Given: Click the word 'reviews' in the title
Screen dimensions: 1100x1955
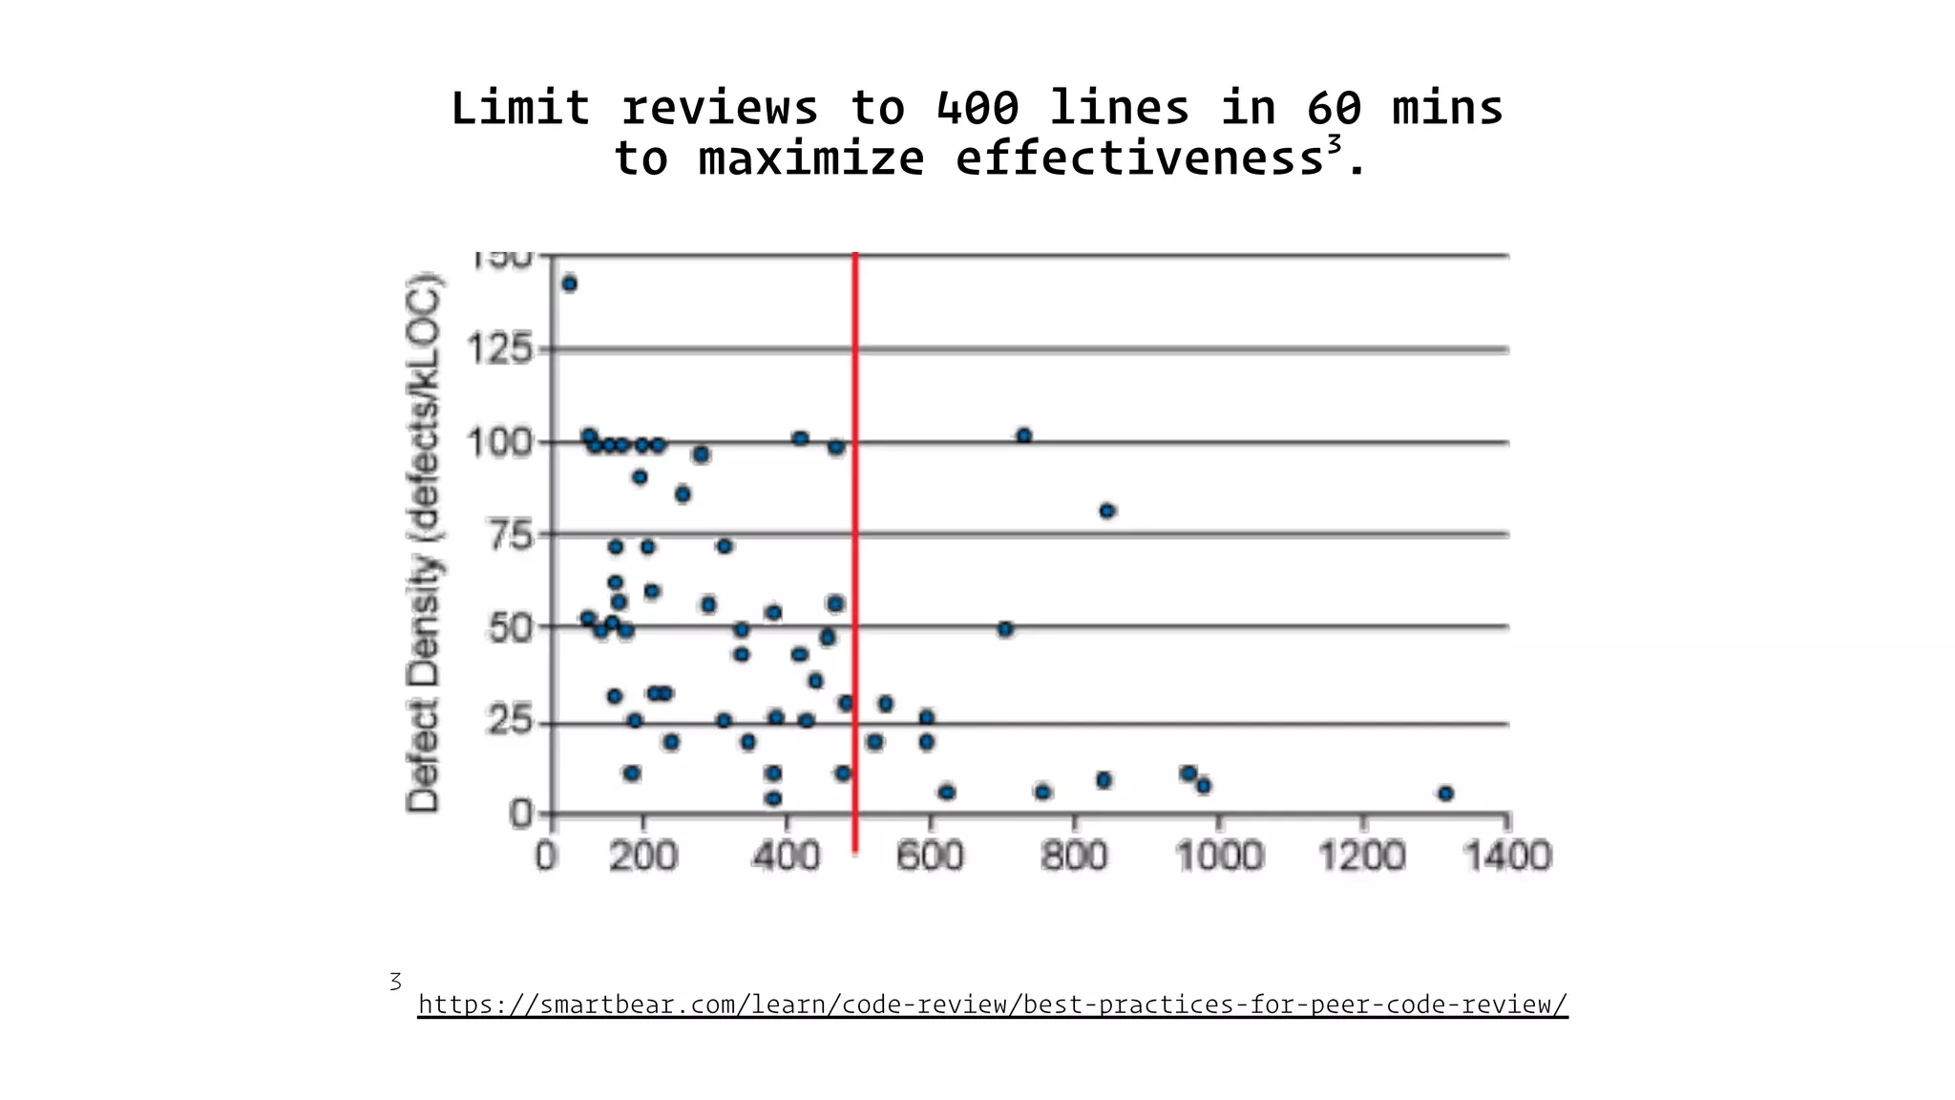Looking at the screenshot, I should point(720,108).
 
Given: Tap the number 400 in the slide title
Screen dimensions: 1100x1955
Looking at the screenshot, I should point(977,108).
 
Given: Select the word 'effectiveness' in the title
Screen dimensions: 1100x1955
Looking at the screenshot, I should point(1139,159).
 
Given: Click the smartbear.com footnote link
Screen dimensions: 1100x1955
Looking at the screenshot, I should point(993,1005).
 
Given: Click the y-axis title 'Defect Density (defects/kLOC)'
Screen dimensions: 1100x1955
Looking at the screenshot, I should point(424,542).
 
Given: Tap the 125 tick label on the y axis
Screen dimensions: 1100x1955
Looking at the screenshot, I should point(499,349).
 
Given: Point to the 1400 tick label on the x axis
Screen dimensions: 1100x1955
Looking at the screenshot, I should point(1507,856).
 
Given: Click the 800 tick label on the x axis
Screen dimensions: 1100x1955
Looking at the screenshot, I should point(1074,856).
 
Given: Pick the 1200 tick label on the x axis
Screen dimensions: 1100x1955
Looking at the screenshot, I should point(1362,856).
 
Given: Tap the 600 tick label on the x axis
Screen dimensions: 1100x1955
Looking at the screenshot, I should point(930,856).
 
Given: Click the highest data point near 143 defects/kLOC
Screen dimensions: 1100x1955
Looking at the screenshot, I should point(570,284).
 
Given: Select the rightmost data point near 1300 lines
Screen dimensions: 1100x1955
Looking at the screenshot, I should point(1445,793).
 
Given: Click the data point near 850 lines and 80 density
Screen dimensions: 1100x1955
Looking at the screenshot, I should point(1107,511).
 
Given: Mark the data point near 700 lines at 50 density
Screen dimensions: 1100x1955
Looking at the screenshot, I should point(1005,629).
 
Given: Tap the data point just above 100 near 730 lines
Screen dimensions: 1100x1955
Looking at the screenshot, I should point(1024,435).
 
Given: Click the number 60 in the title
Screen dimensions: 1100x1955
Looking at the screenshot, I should point(1334,108).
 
